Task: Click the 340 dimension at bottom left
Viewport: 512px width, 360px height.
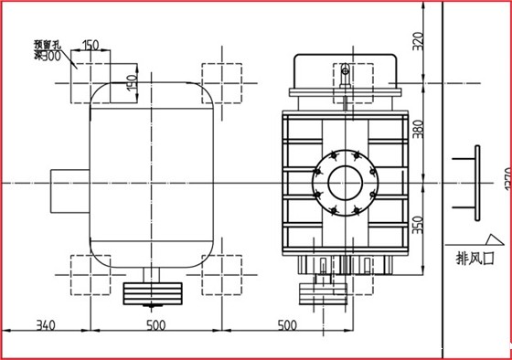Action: [x=47, y=324]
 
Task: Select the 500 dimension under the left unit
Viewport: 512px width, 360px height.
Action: [x=156, y=324]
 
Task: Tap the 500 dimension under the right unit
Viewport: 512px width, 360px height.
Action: [x=286, y=324]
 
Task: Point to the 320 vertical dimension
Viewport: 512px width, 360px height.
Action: [x=419, y=41]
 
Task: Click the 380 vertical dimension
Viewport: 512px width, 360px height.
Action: [x=419, y=132]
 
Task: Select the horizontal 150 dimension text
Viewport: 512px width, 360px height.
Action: [x=91, y=45]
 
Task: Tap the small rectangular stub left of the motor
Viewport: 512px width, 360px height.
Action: [x=69, y=185]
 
